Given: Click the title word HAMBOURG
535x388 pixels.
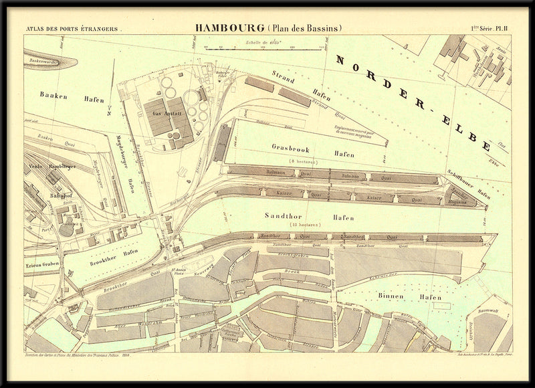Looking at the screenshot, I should pos(229,28).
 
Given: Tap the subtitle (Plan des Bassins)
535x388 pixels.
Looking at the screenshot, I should pos(304,28).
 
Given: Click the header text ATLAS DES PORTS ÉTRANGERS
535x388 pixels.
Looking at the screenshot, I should pos(72,29).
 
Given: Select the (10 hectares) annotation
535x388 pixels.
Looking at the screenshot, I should pos(305,225).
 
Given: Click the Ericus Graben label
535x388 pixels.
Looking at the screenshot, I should pos(41,264).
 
